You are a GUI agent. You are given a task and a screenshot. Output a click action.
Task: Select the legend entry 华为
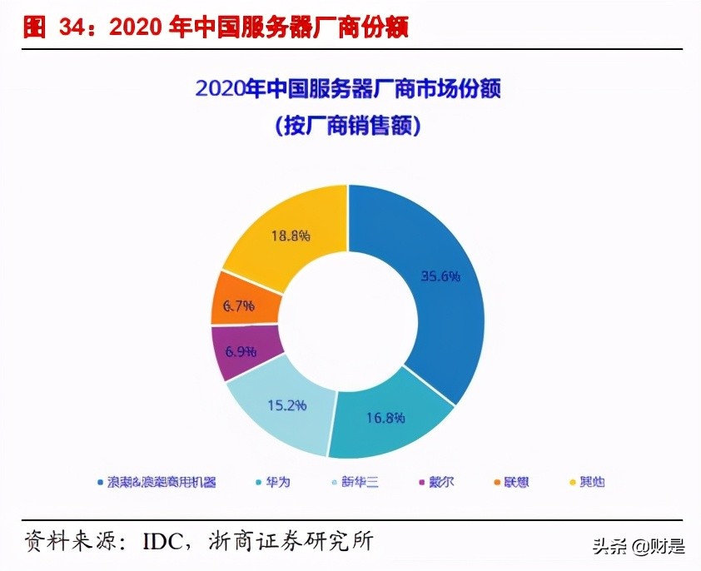(278, 481)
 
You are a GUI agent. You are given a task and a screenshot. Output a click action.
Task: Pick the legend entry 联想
(515, 481)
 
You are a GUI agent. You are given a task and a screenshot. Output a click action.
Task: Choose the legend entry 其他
(591, 481)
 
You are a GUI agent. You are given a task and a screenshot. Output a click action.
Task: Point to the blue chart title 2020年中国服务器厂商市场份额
(349, 89)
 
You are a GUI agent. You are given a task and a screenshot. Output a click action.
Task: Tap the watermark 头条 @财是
(639, 547)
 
